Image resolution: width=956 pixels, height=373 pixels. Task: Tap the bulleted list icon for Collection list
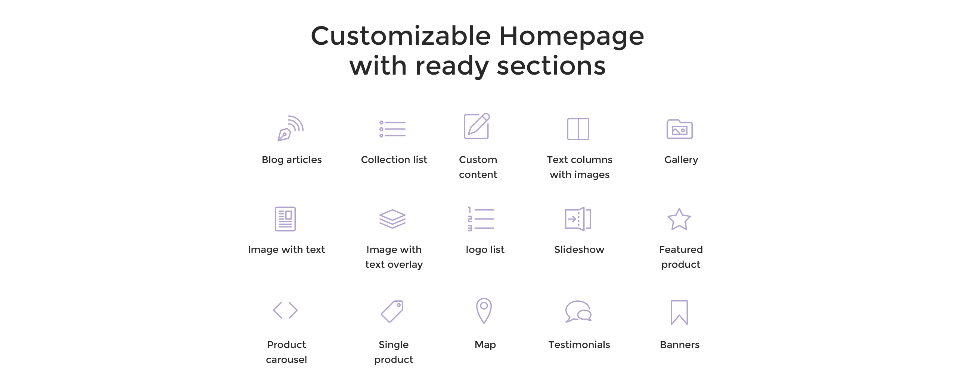pos(392,129)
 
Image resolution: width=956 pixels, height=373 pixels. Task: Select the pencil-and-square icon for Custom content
pos(477,126)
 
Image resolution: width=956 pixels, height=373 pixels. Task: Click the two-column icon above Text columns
pos(578,129)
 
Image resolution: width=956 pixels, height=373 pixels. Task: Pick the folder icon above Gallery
pos(680,129)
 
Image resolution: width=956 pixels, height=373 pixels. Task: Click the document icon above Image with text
pos(285,219)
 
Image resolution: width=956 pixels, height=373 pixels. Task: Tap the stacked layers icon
pos(392,219)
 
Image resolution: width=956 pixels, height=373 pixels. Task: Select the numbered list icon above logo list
pos(481,219)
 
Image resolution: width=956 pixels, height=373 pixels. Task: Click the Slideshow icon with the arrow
pos(578,219)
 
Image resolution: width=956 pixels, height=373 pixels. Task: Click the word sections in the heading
pos(551,66)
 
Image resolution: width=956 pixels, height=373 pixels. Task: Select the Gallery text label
pos(681,160)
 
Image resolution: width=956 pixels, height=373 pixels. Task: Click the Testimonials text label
pos(579,345)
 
